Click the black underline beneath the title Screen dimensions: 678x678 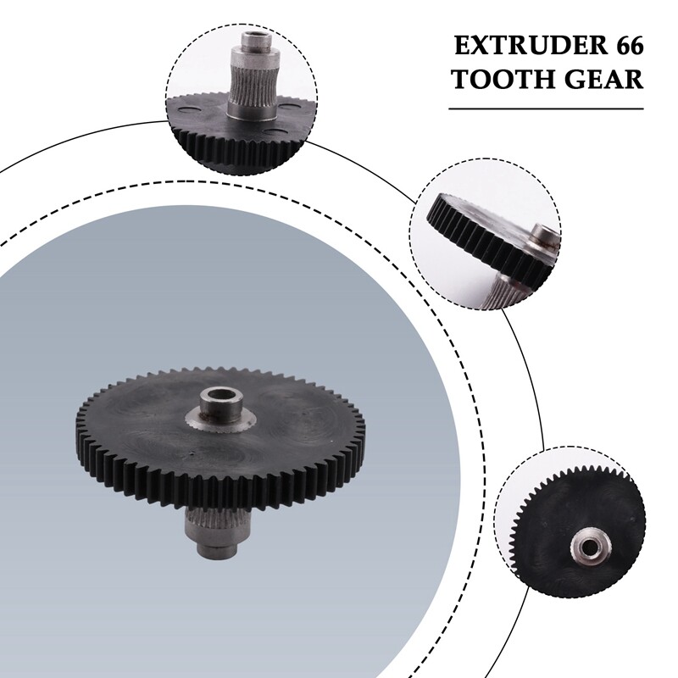click(546, 108)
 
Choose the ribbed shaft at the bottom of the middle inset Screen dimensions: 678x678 click(506, 288)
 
